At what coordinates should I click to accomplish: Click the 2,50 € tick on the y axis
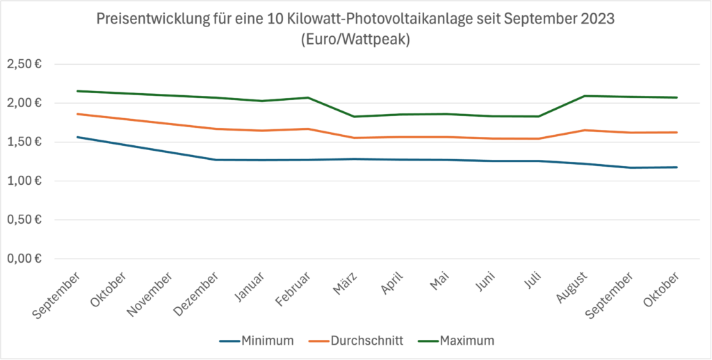point(24,64)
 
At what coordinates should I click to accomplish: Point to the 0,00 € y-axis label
point(24,259)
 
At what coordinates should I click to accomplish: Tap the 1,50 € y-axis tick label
point(24,142)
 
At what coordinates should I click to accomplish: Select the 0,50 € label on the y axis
point(24,220)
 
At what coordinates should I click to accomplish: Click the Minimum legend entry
point(257,341)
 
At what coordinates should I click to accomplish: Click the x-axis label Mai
point(439,279)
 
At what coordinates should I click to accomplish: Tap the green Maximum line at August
point(584,96)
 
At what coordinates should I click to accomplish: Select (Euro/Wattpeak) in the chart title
point(355,40)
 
